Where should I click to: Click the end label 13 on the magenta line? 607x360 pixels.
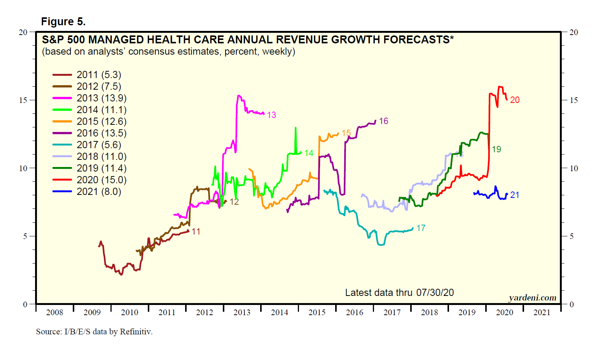(271, 115)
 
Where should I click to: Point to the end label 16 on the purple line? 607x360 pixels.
(383, 121)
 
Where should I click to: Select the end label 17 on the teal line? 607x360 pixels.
(421, 228)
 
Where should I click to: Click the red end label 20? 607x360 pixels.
(515, 100)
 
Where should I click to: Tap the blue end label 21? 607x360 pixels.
(515, 195)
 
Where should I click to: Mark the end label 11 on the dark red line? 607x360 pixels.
(196, 231)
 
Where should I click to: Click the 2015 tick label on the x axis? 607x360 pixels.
(317, 313)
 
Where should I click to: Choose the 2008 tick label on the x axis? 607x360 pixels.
(55, 313)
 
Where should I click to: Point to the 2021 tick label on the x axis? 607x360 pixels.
(542, 313)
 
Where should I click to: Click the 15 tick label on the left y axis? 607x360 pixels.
(23, 100)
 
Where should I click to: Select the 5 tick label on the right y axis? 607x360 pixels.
(572, 236)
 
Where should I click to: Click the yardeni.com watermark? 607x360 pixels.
(532, 298)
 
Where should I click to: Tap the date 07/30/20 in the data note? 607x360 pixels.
(435, 293)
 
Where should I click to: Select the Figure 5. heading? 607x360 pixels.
(63, 21)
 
